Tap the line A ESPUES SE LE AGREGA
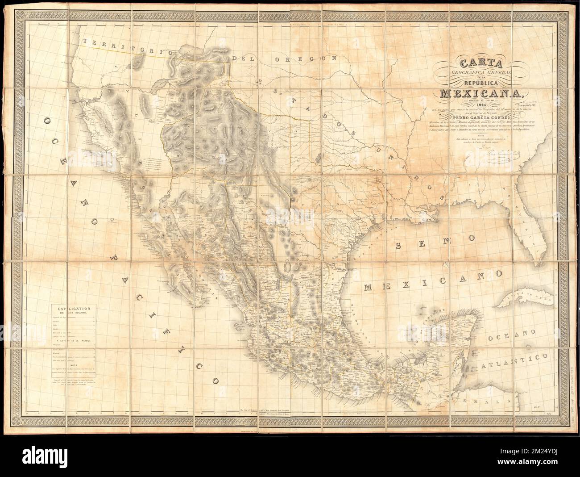[74, 341]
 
